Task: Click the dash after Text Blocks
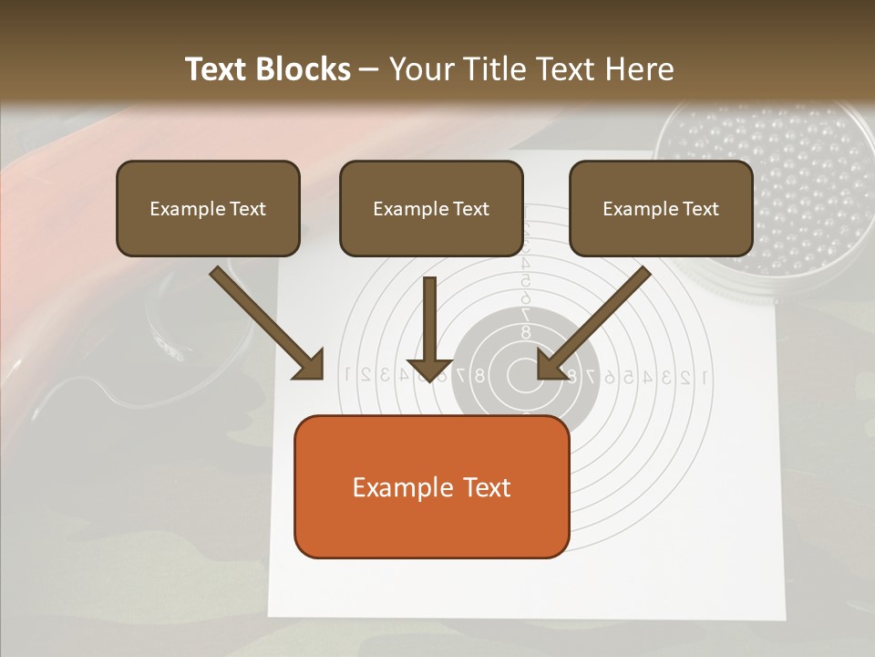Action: tap(369, 70)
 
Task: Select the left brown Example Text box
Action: tap(208, 208)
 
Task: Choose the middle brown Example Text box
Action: tap(431, 208)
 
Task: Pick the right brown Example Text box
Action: tap(661, 208)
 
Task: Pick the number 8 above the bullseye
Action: tap(526, 333)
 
